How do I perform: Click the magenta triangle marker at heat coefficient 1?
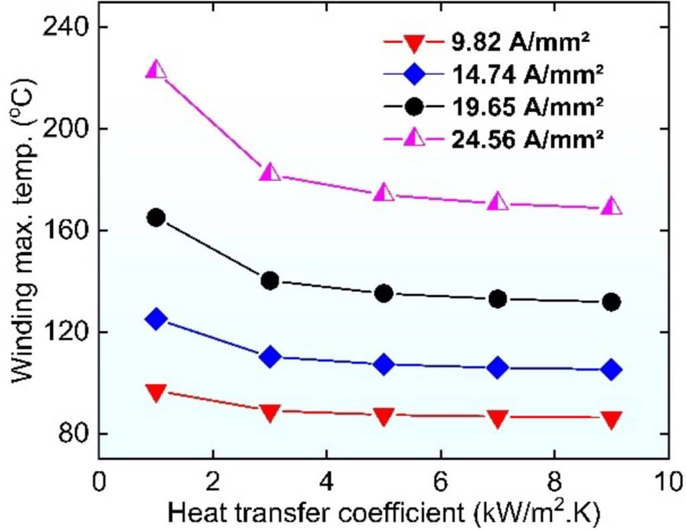click(156, 70)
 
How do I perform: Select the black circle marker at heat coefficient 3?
click(270, 280)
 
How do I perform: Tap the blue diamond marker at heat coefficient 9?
click(611, 369)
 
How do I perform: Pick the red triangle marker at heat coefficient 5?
click(384, 416)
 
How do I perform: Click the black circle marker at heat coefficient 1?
click(156, 218)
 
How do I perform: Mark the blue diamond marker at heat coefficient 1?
click(156, 319)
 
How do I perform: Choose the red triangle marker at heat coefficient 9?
click(611, 419)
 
